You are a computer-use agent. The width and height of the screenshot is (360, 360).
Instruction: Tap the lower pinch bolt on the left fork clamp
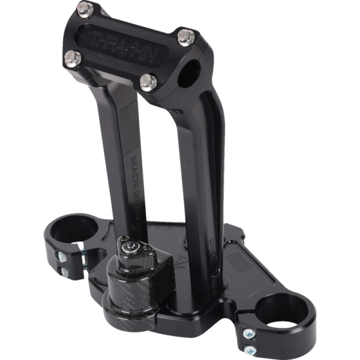62,272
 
